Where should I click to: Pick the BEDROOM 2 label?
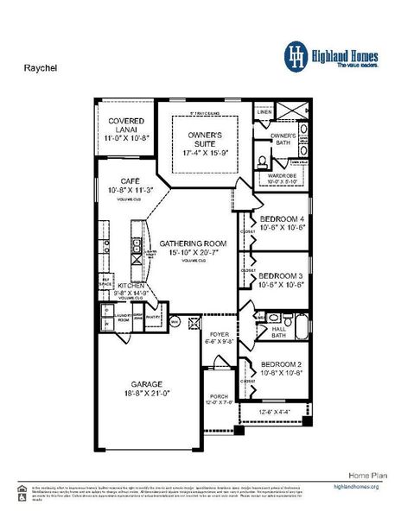click(x=281, y=364)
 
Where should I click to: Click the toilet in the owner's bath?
click(x=263, y=159)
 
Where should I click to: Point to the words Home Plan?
click(x=365, y=475)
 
